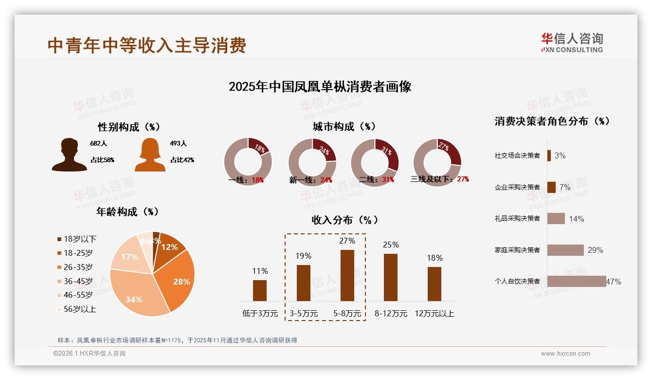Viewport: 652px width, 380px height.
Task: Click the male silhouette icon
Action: pos(70,154)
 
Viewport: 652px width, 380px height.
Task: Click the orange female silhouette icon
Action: pos(150,154)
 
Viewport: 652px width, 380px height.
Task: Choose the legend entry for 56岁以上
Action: pos(77,309)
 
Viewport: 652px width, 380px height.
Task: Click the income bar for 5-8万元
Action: pos(347,275)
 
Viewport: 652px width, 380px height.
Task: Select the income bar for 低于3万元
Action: pos(260,290)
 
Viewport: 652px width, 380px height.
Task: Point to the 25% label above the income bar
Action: pos(391,245)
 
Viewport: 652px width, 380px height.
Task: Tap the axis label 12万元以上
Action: pos(435,314)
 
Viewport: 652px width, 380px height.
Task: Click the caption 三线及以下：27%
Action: pos(440,179)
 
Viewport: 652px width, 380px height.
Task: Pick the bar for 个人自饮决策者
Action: pos(577,281)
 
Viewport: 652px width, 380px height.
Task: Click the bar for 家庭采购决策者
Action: pos(565,250)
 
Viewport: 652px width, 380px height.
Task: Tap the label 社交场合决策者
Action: pos(517,155)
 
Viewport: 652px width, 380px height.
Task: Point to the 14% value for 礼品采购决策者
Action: pos(576,219)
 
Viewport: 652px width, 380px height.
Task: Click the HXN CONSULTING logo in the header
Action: pos(572,43)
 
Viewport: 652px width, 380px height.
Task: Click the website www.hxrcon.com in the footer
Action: pos(565,354)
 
